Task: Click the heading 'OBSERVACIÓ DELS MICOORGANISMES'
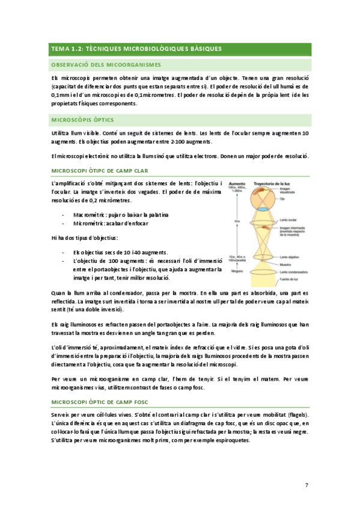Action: point(105,65)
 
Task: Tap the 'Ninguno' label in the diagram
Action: point(238,271)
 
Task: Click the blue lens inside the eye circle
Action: point(263,209)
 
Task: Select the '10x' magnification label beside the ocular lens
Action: point(237,221)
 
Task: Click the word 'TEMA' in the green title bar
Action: point(61,48)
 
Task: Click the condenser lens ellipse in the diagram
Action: point(263,272)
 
